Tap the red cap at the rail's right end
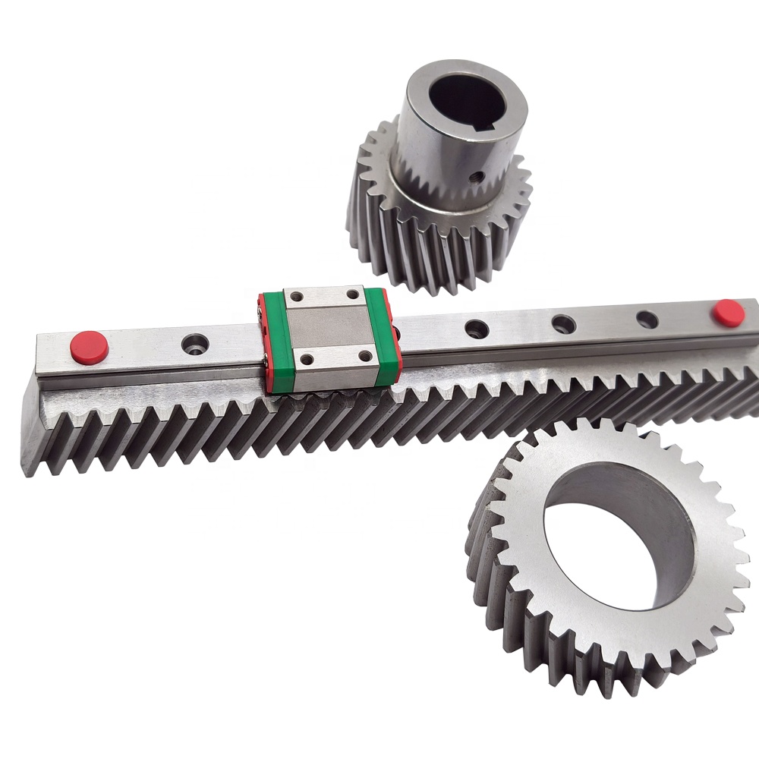click(x=727, y=313)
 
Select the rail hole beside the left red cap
click(x=194, y=344)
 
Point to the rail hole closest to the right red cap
click(x=647, y=320)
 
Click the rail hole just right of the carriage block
click(x=477, y=329)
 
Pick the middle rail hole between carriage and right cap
click(x=563, y=325)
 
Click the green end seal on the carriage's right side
click(x=389, y=336)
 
